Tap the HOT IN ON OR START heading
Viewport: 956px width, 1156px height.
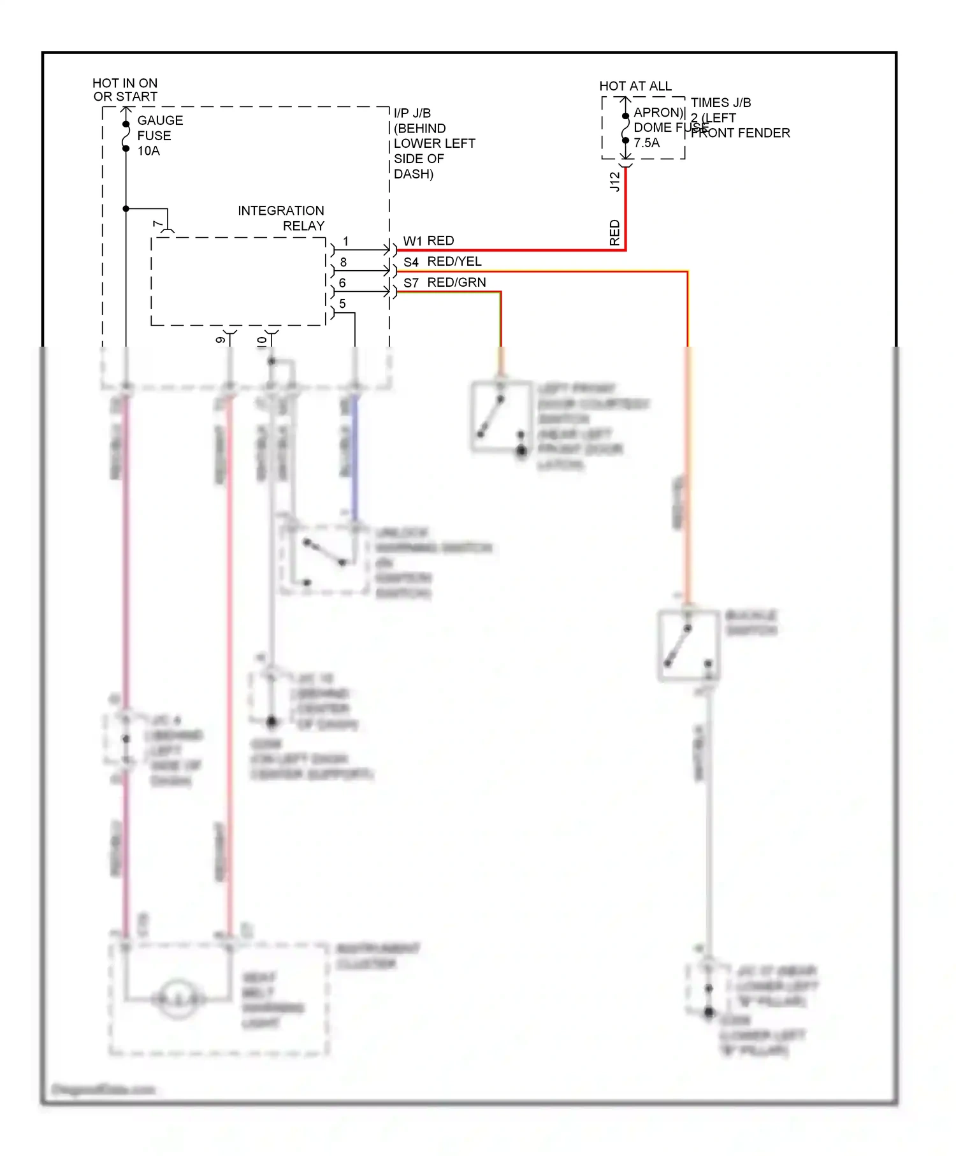[x=125, y=90]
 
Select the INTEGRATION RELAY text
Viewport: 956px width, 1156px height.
[x=281, y=218]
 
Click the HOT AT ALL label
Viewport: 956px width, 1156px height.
[x=635, y=86]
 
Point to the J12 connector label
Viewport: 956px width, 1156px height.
[x=614, y=182]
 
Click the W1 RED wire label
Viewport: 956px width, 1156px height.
[x=428, y=241]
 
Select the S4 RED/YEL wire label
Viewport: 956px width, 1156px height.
[x=442, y=262]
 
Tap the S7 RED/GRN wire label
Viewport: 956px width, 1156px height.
[x=444, y=282]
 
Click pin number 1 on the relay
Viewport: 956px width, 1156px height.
[x=345, y=242]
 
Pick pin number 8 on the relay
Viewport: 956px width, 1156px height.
[x=344, y=262]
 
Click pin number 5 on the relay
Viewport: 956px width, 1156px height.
[x=343, y=303]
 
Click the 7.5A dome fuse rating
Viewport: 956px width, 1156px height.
[x=647, y=143]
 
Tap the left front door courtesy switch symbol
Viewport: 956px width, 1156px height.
[x=501, y=417]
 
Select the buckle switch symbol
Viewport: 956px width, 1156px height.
[x=688, y=646]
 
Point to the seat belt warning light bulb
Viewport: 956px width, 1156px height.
[x=177, y=998]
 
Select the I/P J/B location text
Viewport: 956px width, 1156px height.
[x=433, y=143]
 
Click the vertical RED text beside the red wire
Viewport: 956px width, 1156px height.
[x=614, y=233]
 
